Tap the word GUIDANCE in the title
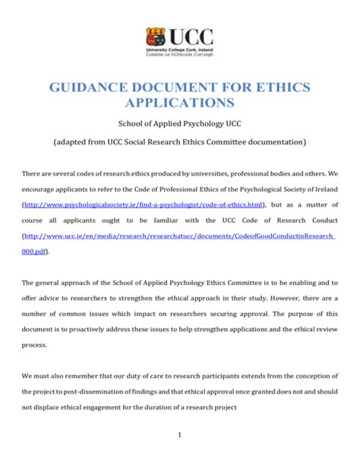coord(86,87)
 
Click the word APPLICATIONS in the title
coord(179,103)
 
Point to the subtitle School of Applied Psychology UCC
coord(179,124)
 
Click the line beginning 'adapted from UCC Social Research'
coord(179,142)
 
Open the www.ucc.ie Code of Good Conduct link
coord(179,236)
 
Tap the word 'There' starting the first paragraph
coord(33,173)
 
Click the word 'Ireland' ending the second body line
coord(321,189)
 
